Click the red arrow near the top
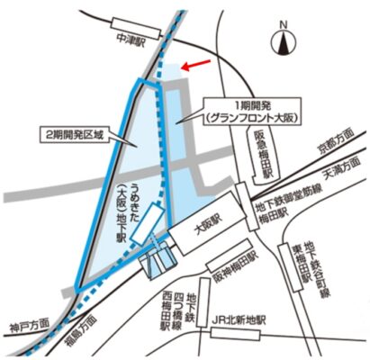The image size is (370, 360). click(x=197, y=65)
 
